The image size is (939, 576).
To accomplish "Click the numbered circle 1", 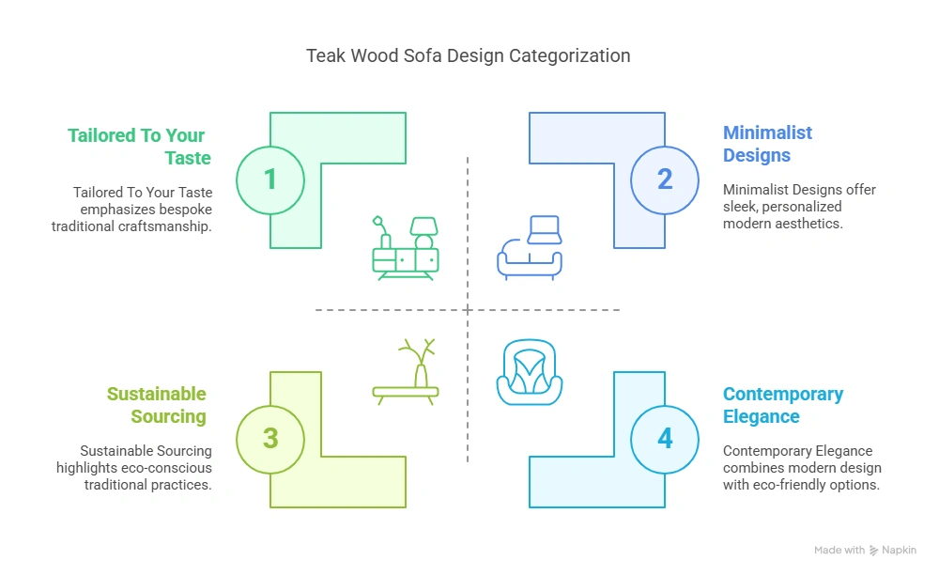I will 270,179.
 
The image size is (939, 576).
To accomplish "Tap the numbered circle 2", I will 665,179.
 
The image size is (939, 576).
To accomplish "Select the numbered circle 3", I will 270,439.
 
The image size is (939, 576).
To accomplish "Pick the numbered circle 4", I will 665,439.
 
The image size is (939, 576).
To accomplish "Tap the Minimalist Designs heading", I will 767,144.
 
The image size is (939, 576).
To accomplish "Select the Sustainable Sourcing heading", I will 156,405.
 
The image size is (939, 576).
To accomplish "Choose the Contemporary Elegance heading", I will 782,405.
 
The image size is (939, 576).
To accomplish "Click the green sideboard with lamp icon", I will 406,248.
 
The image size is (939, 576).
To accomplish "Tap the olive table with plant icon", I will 406,373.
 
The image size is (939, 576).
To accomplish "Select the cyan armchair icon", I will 530,373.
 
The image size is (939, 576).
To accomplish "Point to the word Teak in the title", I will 325,55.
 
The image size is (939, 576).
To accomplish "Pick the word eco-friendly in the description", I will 794,485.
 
